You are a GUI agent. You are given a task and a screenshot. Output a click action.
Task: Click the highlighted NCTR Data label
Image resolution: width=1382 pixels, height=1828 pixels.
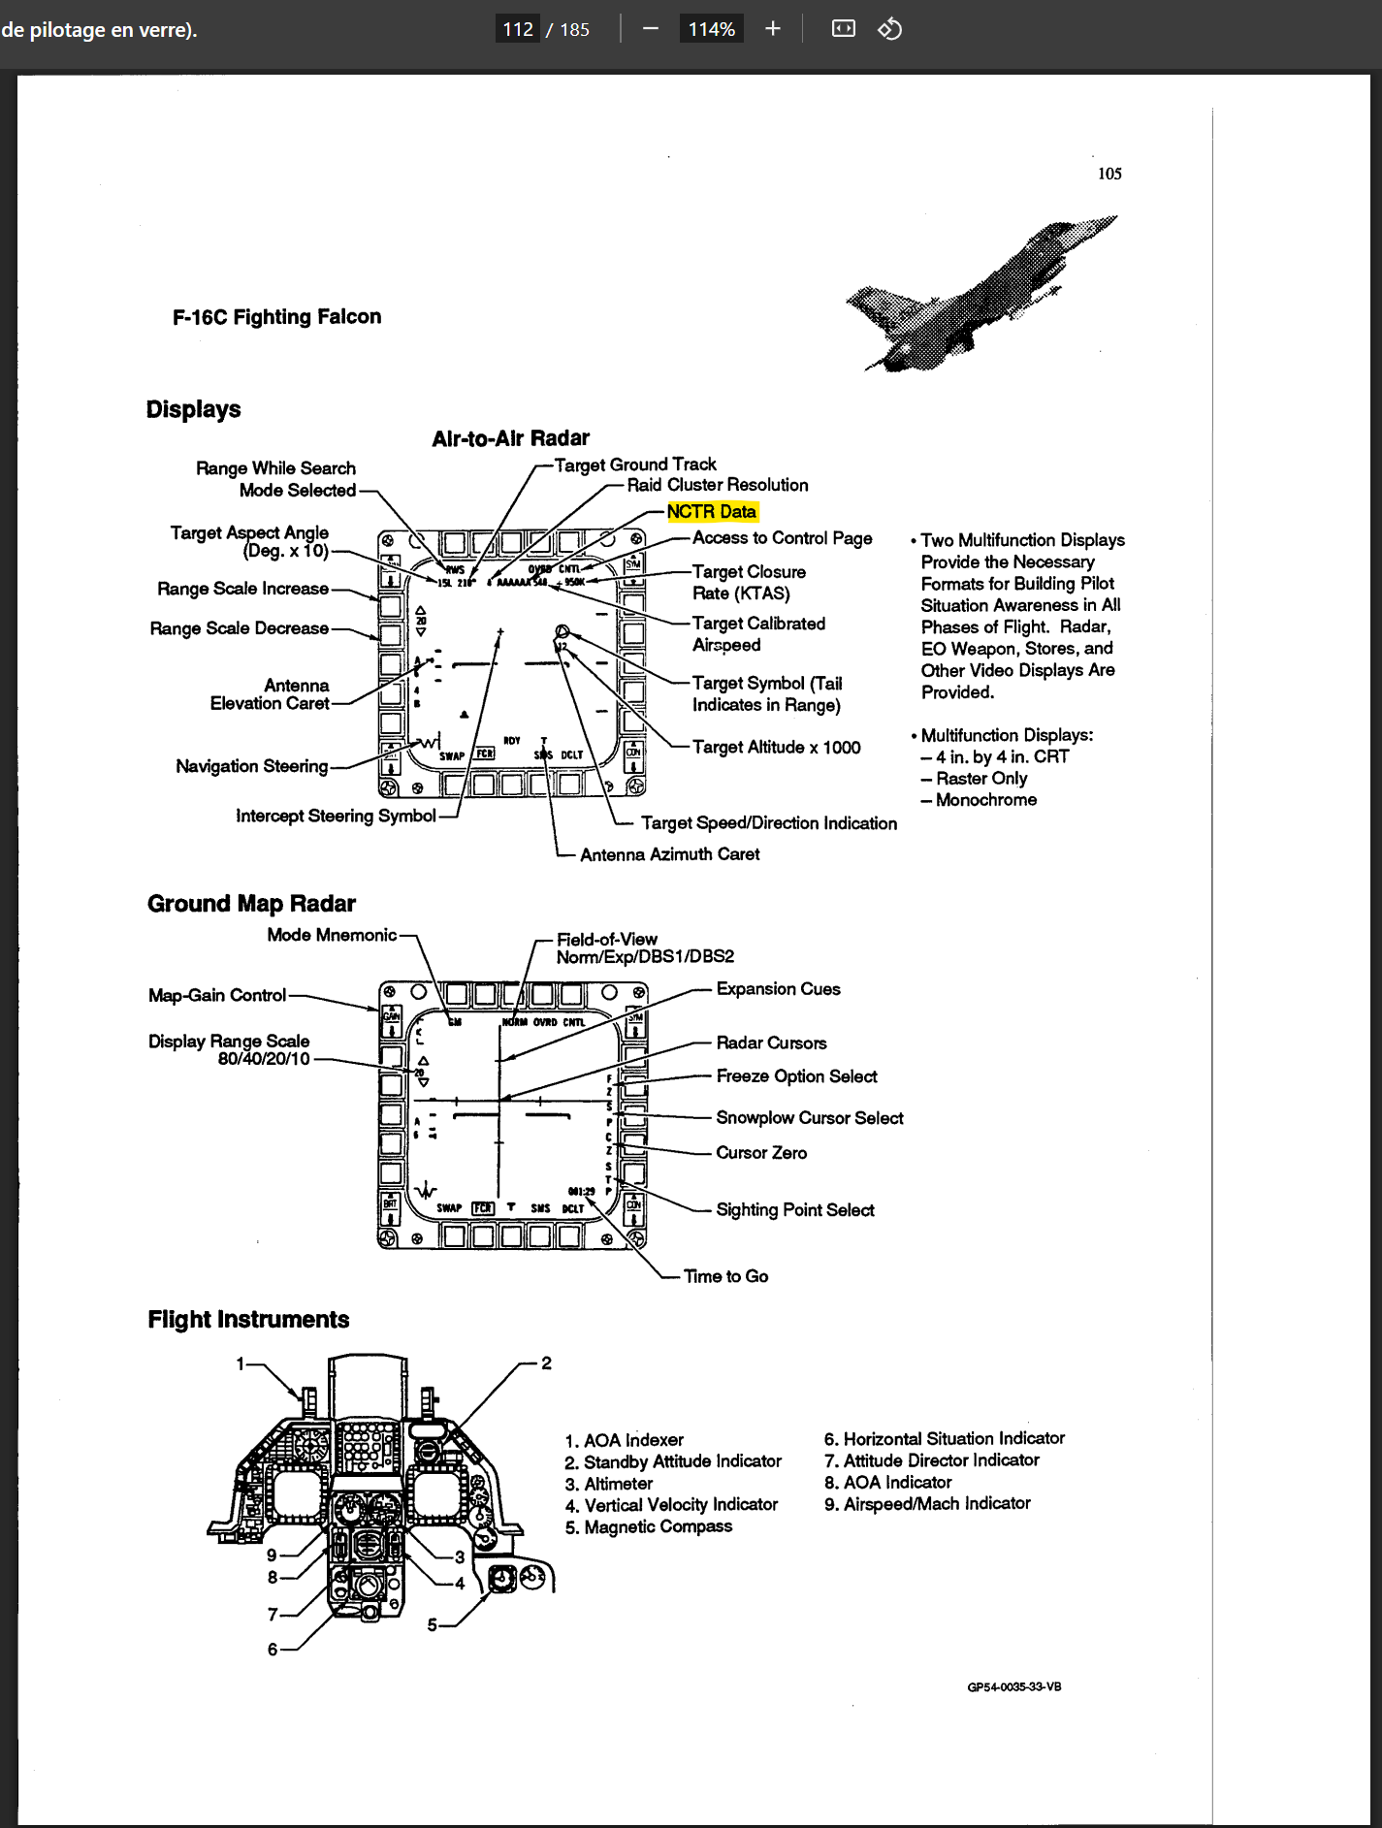711,511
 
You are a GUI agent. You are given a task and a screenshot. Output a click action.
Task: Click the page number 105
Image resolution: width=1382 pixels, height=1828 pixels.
1109,174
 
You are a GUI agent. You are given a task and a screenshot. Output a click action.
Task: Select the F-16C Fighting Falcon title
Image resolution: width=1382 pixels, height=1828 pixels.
276,316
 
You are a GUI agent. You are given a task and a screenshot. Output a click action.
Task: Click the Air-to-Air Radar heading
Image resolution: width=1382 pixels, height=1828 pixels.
510,438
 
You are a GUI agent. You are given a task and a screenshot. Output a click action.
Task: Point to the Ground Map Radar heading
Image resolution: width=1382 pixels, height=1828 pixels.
251,904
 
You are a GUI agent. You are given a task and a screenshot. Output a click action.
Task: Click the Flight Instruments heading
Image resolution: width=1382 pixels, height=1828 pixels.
248,1319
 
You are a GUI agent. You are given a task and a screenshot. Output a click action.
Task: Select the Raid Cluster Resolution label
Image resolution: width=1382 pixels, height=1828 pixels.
717,485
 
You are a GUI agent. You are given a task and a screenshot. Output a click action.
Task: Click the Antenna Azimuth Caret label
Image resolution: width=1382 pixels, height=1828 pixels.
669,854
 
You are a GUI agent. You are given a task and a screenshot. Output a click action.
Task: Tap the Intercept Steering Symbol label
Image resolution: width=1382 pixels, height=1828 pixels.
336,816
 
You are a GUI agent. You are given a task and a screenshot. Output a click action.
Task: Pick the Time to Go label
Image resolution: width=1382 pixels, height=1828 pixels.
725,1276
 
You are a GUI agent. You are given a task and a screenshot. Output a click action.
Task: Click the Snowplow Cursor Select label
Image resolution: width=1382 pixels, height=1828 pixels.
809,1118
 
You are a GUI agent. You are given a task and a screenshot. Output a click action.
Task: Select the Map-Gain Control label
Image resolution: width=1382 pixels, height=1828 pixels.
217,995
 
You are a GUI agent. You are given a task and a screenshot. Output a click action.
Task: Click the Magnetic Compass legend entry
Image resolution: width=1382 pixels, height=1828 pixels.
658,1526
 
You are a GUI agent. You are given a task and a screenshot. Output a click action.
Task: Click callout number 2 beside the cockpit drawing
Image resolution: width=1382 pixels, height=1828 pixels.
546,1363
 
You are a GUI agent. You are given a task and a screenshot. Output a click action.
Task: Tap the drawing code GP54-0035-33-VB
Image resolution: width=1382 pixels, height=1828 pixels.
1013,1686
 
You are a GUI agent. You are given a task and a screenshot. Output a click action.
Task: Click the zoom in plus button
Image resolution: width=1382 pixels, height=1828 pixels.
773,29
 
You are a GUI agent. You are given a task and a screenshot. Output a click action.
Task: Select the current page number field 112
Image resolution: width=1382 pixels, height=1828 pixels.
518,29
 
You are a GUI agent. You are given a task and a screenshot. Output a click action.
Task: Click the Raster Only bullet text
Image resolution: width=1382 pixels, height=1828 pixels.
980,778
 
